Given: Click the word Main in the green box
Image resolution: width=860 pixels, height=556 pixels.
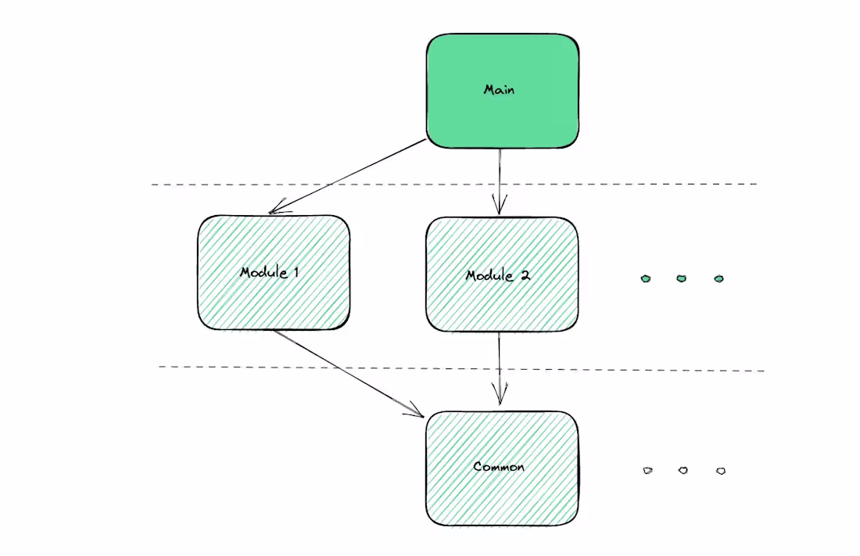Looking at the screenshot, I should pyautogui.click(x=499, y=89).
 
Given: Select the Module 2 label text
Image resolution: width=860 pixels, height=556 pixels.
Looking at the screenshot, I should pyautogui.click(x=499, y=275).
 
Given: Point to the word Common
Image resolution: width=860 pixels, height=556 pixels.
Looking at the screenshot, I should pyautogui.click(x=499, y=467).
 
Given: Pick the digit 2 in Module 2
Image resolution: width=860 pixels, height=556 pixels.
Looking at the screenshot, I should pyautogui.click(x=526, y=275).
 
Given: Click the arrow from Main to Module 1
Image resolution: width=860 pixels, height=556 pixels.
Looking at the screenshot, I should pyautogui.click(x=348, y=176).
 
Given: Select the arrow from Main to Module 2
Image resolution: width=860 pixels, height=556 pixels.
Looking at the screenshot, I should pyautogui.click(x=499, y=180).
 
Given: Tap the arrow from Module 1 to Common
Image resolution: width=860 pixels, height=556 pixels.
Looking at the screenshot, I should pyautogui.click(x=348, y=372).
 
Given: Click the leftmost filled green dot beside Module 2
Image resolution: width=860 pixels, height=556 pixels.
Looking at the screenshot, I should pyautogui.click(x=646, y=278).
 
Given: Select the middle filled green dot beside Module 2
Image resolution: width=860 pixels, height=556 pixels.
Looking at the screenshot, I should pyautogui.click(x=682, y=278).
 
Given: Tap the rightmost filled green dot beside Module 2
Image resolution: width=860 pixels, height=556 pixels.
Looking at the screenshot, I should pyautogui.click(x=718, y=278).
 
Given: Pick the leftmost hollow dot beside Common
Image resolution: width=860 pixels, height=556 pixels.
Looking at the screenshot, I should pyautogui.click(x=647, y=470).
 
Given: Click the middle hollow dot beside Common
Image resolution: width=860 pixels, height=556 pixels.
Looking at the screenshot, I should pyautogui.click(x=683, y=470).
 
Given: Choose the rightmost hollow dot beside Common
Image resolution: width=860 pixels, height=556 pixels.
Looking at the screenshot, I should pyautogui.click(x=720, y=471).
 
